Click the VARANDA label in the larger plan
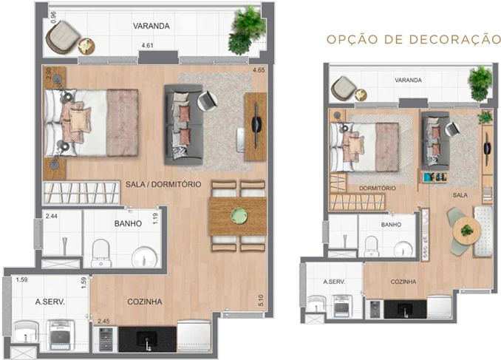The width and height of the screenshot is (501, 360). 151,26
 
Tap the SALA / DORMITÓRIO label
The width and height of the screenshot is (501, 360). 163,184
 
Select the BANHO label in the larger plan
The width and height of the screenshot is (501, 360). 128,223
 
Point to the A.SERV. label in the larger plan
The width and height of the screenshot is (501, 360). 50,302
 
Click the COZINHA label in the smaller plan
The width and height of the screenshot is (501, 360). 403,282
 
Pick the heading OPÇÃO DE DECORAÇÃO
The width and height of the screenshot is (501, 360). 414,39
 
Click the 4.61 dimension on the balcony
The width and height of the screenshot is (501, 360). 147,45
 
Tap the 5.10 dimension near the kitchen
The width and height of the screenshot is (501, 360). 261,301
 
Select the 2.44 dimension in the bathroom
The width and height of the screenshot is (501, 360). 52,216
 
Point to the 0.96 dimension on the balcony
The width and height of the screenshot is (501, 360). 53,17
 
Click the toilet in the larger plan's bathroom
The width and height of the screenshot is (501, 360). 101,253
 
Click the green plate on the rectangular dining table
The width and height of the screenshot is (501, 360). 239,216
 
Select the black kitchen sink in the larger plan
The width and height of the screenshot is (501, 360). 147,339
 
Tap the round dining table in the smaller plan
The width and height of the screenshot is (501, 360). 467,231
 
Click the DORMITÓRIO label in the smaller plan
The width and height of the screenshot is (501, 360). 378,189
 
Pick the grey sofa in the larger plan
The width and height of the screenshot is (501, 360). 184,124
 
